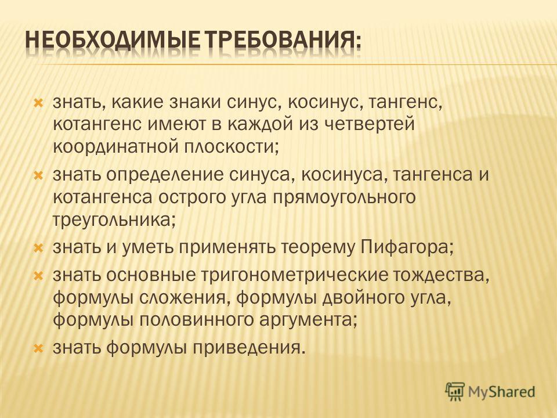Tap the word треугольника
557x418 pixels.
pos(114,221)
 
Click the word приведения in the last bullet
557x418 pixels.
pos(249,348)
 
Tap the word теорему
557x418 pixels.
pos(318,248)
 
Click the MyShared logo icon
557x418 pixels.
pos(455,391)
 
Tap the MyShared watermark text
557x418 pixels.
pos(501,392)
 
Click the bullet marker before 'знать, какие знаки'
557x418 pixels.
pos(38,104)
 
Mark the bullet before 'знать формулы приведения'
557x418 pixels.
pos(38,349)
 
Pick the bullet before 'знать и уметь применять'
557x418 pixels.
pos(38,248)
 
